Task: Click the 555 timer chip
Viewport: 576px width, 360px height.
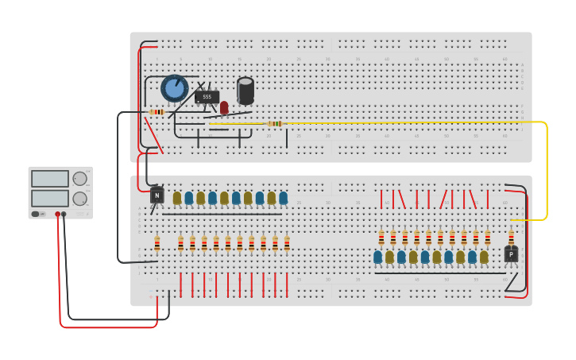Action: (207, 97)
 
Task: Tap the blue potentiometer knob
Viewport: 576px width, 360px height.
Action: (174, 88)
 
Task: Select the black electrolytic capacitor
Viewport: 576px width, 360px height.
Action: (245, 91)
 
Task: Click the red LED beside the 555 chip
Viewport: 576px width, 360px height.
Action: (224, 106)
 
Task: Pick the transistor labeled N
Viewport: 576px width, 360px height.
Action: (157, 195)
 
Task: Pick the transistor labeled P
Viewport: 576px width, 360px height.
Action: (511, 254)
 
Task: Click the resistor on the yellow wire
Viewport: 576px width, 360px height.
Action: (275, 124)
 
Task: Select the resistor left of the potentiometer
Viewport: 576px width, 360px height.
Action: (157, 112)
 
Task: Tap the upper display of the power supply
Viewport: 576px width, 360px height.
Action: (50, 179)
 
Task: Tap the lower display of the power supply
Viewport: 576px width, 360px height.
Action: (50, 198)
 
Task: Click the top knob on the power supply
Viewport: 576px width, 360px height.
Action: (80, 179)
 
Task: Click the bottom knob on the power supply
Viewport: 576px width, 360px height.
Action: (80, 198)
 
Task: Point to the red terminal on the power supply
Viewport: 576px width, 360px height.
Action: (57, 214)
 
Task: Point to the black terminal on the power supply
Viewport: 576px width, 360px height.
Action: (64, 214)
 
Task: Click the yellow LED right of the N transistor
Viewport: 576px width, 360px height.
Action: (177, 198)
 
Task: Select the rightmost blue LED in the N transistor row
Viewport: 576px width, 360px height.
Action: (283, 198)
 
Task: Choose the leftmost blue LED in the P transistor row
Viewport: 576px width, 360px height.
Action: (378, 257)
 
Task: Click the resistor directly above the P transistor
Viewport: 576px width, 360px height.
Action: (511, 237)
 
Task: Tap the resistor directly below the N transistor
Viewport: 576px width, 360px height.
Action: (157, 243)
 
